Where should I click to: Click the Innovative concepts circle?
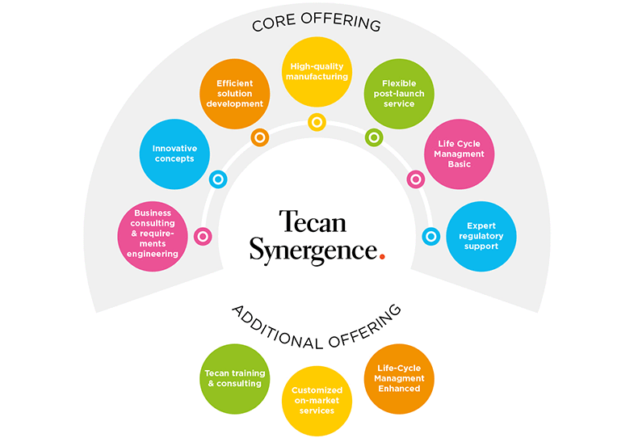pos(174,154)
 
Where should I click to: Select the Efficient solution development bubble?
pos(234,94)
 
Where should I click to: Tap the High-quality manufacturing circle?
pos(317,72)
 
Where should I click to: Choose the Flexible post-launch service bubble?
pos(399,94)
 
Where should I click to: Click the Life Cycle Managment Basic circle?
pos(460,154)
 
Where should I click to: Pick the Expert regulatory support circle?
pos(481,236)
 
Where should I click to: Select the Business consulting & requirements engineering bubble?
pos(153,236)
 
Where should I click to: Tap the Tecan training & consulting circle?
pos(234,379)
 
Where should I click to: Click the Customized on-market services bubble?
pos(317,401)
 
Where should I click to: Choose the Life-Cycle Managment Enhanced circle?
pos(399,379)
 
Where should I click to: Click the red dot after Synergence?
pos(382,256)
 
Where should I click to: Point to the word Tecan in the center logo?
pos(313,221)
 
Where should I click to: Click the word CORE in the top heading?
pos(274,23)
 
